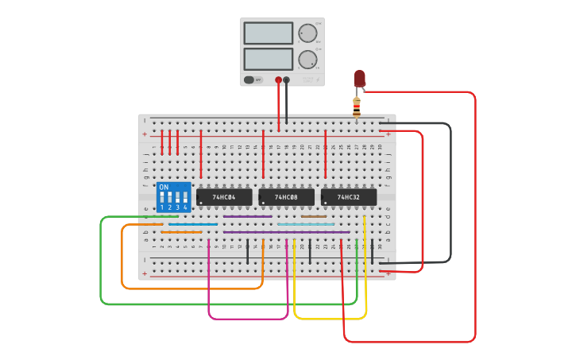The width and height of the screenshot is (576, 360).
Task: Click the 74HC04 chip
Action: click(224, 196)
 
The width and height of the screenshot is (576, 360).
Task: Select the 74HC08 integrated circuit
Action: click(286, 196)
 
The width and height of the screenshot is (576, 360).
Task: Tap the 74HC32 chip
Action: click(349, 196)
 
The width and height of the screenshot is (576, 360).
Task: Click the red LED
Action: click(359, 78)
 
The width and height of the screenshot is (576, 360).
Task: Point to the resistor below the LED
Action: click(357, 106)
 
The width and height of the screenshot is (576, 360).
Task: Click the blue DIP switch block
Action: click(174, 197)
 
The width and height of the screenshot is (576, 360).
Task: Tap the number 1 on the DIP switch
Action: click(162, 207)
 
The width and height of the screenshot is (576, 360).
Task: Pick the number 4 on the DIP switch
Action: click(186, 207)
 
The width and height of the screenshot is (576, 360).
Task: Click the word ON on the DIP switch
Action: click(164, 188)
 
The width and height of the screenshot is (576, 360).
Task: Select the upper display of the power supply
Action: click(269, 33)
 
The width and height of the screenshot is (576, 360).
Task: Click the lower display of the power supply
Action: click(269, 59)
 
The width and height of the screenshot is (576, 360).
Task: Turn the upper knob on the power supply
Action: click(307, 33)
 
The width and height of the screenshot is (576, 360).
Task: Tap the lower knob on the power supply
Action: click(307, 60)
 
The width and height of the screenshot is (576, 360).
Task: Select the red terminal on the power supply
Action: click(278, 79)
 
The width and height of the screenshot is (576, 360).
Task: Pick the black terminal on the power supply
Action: click(287, 79)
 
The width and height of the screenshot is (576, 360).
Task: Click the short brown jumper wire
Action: click(314, 216)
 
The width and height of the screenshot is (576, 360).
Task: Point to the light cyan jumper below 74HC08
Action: click(306, 224)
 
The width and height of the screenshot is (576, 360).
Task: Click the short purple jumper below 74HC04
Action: click(247, 216)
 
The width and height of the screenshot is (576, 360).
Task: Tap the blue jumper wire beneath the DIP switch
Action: click(192, 224)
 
